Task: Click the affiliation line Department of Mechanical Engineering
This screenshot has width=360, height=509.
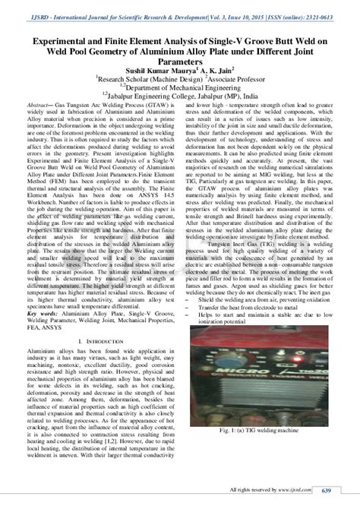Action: coord(182,87)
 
